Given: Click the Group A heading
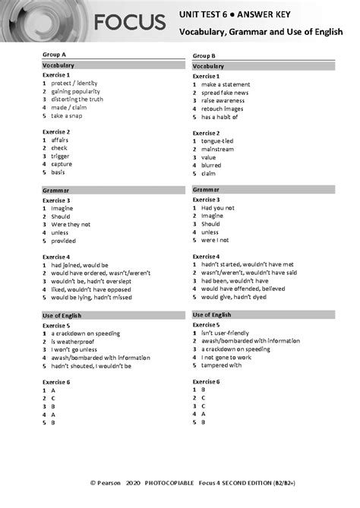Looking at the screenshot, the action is click(x=53, y=55).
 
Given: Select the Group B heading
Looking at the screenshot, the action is click(x=204, y=56).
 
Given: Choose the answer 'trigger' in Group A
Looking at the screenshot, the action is click(x=60, y=156).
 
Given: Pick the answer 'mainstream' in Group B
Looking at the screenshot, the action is click(x=221, y=149).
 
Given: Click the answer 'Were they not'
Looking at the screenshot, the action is click(x=71, y=224).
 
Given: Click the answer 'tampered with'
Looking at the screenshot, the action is click(x=222, y=364).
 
